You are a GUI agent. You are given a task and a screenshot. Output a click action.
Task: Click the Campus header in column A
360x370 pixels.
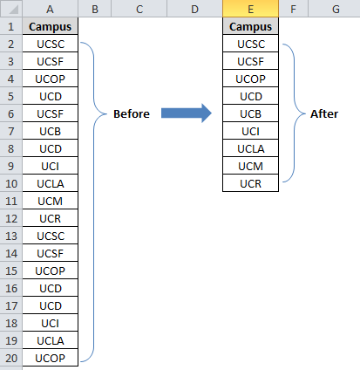coord(51,26)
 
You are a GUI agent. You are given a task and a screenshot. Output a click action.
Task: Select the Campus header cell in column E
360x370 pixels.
coord(250,26)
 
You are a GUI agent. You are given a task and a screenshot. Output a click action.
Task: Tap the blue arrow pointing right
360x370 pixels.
coord(187,113)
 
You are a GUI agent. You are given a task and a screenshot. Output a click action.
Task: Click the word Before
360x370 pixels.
coord(132,113)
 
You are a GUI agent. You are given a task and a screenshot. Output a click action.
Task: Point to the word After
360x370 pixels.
coord(324,113)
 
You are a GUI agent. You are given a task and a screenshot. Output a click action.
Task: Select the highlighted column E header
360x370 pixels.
coord(250,9)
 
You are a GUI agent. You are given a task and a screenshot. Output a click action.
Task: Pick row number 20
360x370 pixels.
coord(11,358)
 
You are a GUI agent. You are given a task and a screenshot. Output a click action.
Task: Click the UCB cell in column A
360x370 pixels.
coord(51,131)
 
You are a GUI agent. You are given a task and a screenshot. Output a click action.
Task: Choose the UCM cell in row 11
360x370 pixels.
coord(51,201)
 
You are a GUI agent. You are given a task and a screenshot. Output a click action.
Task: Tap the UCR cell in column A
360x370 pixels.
coord(51,218)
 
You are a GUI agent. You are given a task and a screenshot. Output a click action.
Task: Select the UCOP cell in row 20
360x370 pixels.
coord(51,358)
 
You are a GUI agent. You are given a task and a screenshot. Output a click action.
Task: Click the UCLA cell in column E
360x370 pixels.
coord(250,148)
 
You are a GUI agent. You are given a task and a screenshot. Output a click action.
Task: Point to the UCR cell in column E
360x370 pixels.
coord(250,183)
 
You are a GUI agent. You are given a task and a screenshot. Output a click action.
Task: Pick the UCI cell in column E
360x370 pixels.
coord(250,131)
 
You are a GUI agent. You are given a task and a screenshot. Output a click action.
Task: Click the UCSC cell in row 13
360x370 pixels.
coord(51,236)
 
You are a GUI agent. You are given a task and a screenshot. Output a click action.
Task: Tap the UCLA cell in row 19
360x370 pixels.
coord(51,340)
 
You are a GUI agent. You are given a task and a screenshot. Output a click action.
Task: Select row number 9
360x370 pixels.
coord(11,166)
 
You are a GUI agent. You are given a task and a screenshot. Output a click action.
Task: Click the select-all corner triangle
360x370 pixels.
coord(13,10)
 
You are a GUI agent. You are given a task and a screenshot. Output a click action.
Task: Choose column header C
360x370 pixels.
coord(139,9)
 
